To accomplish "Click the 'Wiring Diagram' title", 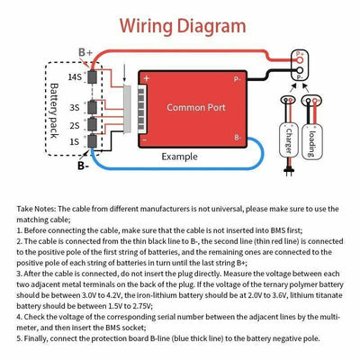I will pyautogui.click(x=179, y=23).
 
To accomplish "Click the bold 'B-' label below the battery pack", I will pyautogui.click(x=83, y=166).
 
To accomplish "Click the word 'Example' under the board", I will pyautogui.click(x=180, y=157).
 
